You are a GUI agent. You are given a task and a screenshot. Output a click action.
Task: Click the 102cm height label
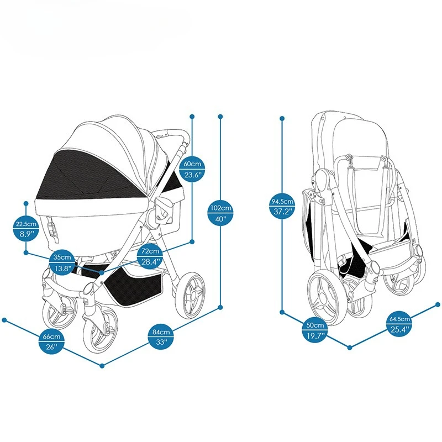[x=220, y=208]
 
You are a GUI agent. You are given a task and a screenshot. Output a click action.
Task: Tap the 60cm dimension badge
[x=193, y=164]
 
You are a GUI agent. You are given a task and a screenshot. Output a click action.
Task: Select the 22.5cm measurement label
[x=26, y=224]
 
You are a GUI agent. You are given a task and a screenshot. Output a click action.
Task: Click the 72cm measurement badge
[x=150, y=251]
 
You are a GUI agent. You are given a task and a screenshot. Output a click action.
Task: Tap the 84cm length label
[x=161, y=332]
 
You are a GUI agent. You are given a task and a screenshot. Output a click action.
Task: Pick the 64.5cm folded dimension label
[x=399, y=319]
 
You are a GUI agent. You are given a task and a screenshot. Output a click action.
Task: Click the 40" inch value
[x=220, y=218]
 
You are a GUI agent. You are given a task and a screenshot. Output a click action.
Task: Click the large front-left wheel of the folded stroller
[x=323, y=299]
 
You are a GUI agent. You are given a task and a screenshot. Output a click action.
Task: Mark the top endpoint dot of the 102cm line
[x=220, y=117]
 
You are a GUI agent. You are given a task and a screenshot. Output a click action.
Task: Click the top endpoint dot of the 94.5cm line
[x=282, y=118]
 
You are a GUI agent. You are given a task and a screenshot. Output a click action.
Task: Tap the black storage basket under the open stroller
[x=133, y=282]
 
